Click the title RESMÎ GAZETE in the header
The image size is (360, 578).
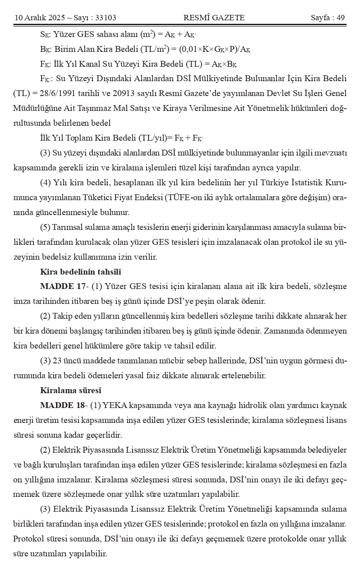pyautogui.click(x=214, y=18)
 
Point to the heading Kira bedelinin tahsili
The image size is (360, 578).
pyautogui.click(x=80, y=272)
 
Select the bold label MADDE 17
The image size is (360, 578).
pyautogui.click(x=61, y=286)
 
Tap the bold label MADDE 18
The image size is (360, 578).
pyautogui.click(x=61, y=404)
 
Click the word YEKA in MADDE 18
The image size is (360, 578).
pyautogui.click(x=114, y=404)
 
